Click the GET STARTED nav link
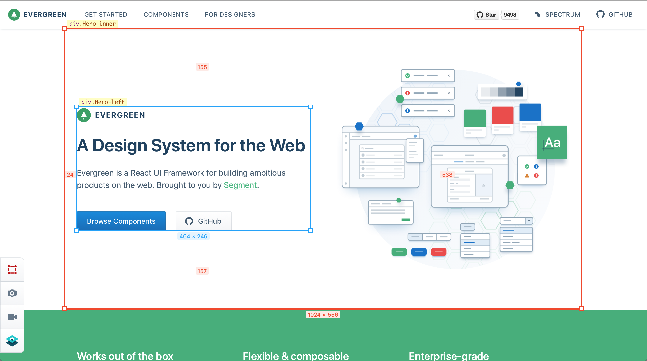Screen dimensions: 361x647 [x=106, y=15]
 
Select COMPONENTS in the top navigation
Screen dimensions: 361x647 [x=166, y=15]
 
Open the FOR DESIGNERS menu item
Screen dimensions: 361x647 [x=230, y=15]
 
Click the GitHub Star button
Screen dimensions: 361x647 [x=487, y=15]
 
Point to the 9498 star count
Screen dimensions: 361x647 [x=510, y=15]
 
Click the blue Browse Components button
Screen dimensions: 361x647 [x=121, y=221]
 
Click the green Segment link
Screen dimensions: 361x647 [x=240, y=185]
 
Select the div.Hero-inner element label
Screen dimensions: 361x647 [x=93, y=24]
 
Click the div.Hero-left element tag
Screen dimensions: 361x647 [x=103, y=102]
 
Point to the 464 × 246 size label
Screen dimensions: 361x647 [x=193, y=236]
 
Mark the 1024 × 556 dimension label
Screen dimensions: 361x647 [x=323, y=315]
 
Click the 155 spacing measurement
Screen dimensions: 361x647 [x=202, y=67]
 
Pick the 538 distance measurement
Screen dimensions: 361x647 [x=447, y=175]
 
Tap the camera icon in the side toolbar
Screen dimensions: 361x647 [x=12, y=293]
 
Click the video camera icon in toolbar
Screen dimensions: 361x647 [x=12, y=317]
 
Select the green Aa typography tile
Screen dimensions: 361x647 [x=552, y=142]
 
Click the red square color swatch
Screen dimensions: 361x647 [x=502, y=115]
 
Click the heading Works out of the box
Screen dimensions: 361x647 [x=125, y=356]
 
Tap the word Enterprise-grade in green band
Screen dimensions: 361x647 [x=449, y=356]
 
